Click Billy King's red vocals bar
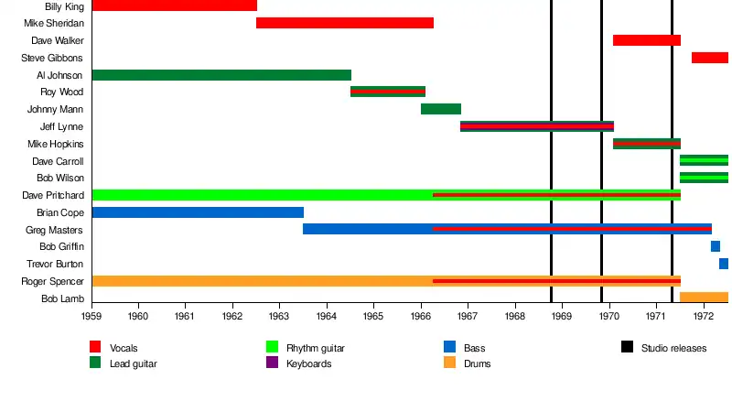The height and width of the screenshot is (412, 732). (174, 5)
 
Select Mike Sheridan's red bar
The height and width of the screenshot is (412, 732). (344, 23)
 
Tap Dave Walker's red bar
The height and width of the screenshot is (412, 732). (646, 40)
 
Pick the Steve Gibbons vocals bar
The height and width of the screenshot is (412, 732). (709, 58)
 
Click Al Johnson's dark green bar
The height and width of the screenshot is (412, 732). (221, 75)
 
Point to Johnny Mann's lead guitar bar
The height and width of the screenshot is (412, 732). (440, 109)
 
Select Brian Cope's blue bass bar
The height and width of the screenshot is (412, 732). (198, 212)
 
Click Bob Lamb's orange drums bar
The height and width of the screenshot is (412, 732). (704, 298)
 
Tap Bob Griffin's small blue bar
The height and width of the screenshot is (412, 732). (715, 246)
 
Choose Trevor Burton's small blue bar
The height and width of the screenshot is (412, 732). (723, 264)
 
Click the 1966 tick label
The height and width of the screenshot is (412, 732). (421, 317)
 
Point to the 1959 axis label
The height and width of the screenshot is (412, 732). (91, 317)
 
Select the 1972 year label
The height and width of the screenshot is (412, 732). (703, 317)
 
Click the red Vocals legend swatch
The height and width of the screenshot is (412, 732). (95, 347)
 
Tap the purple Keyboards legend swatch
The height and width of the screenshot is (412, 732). (272, 363)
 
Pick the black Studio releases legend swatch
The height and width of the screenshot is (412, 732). (627, 347)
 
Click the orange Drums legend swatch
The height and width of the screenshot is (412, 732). (449, 363)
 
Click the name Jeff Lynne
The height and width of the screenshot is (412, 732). (61, 126)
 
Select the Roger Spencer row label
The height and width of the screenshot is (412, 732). (54, 281)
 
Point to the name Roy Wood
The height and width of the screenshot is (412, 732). (61, 92)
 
